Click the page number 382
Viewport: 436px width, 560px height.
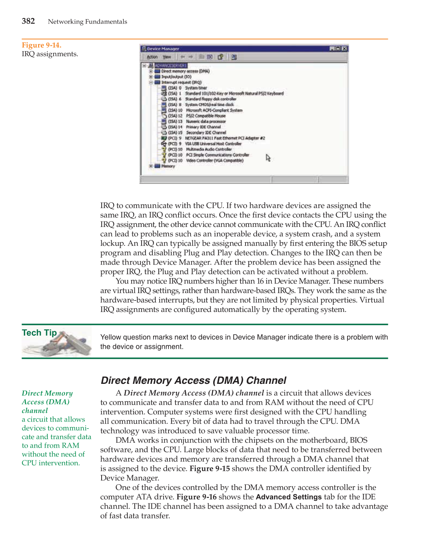28,21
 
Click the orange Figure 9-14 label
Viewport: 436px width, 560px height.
42,45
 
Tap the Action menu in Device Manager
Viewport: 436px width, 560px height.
152,57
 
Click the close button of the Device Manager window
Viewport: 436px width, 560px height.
344,49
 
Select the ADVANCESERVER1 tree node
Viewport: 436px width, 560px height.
170,66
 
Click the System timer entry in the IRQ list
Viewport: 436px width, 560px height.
196,88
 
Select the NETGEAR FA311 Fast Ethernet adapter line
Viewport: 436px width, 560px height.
225,138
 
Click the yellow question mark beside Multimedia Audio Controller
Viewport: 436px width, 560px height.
164,149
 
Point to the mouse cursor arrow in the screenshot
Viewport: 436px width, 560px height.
268,157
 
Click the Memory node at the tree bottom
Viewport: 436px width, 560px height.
168,166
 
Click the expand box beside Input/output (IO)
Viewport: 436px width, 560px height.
151,77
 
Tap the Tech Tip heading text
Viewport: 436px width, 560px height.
39,333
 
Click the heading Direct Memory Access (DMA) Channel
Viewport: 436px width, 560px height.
193,380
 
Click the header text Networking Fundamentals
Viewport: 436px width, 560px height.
87,22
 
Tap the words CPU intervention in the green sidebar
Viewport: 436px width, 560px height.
50,463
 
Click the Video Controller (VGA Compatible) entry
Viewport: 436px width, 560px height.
215,160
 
